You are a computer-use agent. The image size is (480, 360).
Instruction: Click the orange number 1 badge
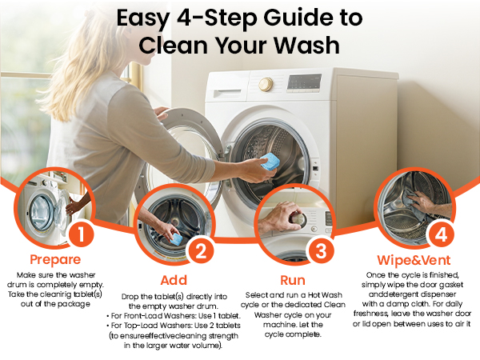pyautogui.click(x=81, y=234)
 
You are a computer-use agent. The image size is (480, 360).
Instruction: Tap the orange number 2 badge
pyautogui.click(x=201, y=252)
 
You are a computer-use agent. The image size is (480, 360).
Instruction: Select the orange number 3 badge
pyautogui.click(x=321, y=251)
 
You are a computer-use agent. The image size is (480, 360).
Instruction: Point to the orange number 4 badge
pyautogui.click(x=441, y=234)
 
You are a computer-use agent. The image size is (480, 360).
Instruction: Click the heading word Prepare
pyautogui.click(x=55, y=260)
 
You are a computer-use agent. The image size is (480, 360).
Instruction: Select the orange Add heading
pyautogui.click(x=174, y=280)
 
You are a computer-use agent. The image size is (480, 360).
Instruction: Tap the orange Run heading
pyautogui.click(x=293, y=280)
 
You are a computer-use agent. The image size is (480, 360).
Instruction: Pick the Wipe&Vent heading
pyautogui.click(x=414, y=260)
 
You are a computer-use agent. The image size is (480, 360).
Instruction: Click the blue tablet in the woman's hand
pyautogui.click(x=270, y=162)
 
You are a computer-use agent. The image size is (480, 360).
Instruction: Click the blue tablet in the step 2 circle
pyautogui.click(x=176, y=239)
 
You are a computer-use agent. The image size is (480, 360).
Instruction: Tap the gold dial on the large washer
pyautogui.click(x=266, y=84)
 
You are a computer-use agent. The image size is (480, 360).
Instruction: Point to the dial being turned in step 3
pyautogui.click(x=298, y=218)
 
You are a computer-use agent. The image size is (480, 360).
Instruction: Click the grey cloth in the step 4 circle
pyautogui.click(x=413, y=202)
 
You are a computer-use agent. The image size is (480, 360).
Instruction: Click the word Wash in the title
pyautogui.click(x=306, y=46)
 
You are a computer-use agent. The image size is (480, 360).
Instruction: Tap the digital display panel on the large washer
pyautogui.click(x=304, y=82)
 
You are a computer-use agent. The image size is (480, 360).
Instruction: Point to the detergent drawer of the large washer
pyautogui.click(x=227, y=94)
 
